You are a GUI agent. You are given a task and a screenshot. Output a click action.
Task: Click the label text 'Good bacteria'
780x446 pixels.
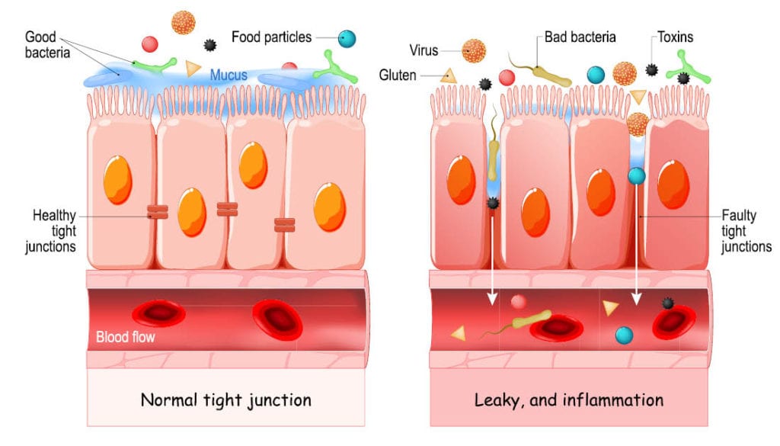click(x=48, y=45)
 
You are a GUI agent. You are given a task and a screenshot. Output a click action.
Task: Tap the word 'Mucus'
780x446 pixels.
click(x=229, y=75)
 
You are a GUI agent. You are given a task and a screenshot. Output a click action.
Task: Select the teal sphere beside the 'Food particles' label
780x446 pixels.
click(x=347, y=37)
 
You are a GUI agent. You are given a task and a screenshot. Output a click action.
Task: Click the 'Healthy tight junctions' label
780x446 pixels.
click(x=54, y=231)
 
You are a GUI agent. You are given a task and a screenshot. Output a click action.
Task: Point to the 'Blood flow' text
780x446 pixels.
click(x=126, y=335)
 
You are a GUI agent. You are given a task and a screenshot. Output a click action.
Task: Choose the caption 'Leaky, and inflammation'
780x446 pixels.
click(x=569, y=399)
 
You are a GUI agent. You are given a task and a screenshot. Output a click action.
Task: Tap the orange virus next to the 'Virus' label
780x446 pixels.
click(x=474, y=51)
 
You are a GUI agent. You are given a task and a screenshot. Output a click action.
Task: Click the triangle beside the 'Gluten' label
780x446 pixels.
click(x=449, y=75)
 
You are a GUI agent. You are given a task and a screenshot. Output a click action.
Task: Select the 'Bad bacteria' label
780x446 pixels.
click(x=580, y=37)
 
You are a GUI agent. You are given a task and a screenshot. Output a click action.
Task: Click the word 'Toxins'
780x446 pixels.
click(x=676, y=37)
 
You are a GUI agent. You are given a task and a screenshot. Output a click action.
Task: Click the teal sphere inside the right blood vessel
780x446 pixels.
click(x=624, y=334)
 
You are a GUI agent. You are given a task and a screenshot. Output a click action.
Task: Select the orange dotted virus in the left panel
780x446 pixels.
click(x=184, y=22)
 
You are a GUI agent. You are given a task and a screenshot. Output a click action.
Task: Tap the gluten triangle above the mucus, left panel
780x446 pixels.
click(x=193, y=69)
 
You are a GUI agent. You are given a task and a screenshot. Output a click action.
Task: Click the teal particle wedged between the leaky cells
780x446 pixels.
click(x=637, y=177)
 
